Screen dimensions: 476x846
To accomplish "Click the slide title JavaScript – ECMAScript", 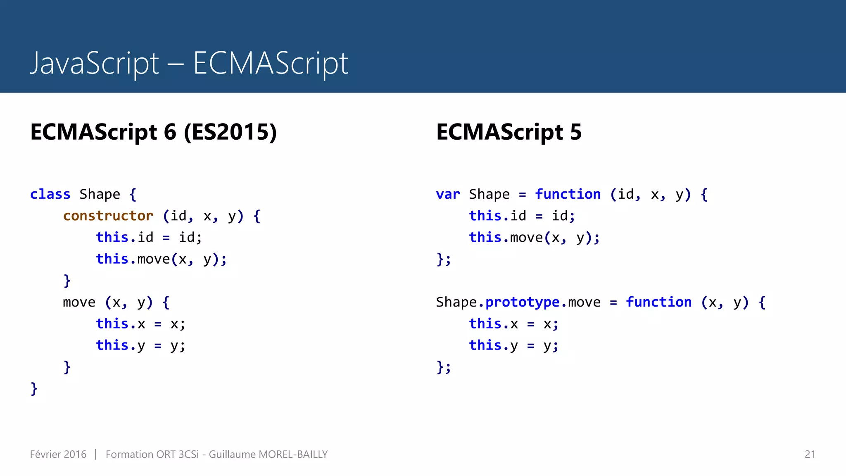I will (x=189, y=63).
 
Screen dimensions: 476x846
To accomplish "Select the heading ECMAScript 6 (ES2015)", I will (x=153, y=132).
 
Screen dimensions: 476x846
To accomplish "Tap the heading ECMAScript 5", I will (x=509, y=132).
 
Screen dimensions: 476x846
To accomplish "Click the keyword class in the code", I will (x=50, y=194).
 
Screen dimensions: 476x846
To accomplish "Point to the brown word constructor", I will (x=108, y=216).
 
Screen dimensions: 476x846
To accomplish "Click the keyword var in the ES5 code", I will (x=448, y=194).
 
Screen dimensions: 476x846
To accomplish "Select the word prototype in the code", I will (x=522, y=302).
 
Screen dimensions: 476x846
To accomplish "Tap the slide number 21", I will (x=810, y=454).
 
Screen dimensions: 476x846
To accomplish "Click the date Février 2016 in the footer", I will (x=58, y=454).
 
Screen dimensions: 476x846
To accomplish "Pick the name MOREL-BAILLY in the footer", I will (x=293, y=454).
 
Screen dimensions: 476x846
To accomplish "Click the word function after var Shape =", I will (x=568, y=194).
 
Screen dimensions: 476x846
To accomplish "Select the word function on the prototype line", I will (x=658, y=302).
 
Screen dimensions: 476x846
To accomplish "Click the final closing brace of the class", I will (x=34, y=388).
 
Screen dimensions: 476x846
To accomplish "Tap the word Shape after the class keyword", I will (x=100, y=194).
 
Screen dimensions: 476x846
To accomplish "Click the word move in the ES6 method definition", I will (x=79, y=302).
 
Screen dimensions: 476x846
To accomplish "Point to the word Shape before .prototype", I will (x=456, y=302).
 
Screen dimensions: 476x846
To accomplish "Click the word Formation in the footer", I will (x=129, y=454).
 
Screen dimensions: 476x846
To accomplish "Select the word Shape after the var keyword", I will (x=489, y=194).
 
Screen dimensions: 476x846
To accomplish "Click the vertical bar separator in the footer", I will (x=95, y=454).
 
